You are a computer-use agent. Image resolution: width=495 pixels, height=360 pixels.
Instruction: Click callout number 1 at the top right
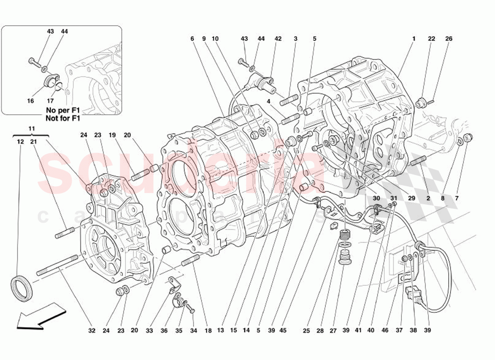[x=413, y=39]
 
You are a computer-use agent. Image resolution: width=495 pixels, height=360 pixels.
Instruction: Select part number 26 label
[x=449, y=39]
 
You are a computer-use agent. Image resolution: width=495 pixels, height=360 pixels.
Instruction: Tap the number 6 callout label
[x=192, y=39]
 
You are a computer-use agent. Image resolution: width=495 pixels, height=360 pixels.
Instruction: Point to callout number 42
[x=278, y=39]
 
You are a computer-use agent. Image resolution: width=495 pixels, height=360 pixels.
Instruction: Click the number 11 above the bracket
[x=31, y=129]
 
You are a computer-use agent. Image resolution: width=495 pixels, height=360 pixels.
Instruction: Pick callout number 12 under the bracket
[x=20, y=142]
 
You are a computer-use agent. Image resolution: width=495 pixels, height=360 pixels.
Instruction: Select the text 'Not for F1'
[x=63, y=119]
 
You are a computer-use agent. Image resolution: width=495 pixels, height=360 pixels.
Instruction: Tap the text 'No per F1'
[x=63, y=110]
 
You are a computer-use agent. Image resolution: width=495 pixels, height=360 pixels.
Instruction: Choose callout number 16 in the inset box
[x=30, y=101]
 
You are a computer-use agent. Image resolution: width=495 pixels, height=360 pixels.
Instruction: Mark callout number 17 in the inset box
[x=50, y=101]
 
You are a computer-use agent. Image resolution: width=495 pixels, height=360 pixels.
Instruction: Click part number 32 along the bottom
[x=92, y=331]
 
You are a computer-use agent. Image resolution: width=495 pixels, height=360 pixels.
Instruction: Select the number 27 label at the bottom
[x=333, y=331]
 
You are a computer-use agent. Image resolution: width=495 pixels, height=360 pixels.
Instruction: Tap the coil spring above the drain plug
[x=345, y=235]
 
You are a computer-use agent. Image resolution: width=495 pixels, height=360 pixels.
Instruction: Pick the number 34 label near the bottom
[x=193, y=331]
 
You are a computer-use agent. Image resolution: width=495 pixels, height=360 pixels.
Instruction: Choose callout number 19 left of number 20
[x=112, y=135]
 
